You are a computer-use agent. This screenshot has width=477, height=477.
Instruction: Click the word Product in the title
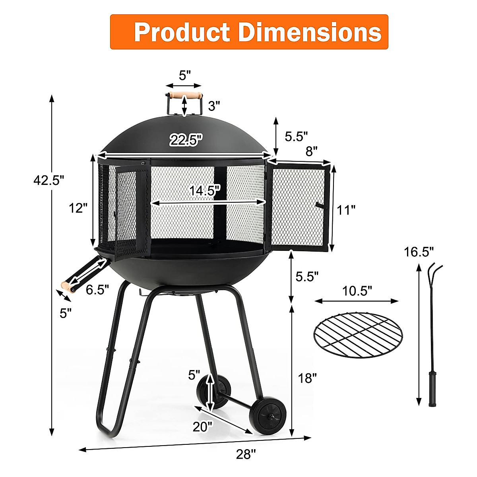pyautogui.click(x=182, y=32)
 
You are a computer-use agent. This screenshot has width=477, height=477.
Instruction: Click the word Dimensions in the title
pyautogui.click(x=310, y=32)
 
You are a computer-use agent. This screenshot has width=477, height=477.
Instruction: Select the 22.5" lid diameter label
pyautogui.click(x=186, y=140)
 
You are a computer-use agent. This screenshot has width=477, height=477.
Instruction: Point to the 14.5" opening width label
pyautogui.click(x=204, y=190)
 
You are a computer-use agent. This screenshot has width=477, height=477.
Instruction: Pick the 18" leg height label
pyautogui.click(x=307, y=378)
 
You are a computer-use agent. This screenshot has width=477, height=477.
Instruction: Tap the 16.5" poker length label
pyautogui.click(x=419, y=252)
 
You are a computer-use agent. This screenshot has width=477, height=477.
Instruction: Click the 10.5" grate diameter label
pyautogui.click(x=357, y=291)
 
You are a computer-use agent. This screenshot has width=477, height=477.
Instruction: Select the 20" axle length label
pyautogui.click(x=203, y=427)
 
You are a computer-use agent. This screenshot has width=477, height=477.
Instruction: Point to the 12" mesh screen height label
pyautogui.click(x=78, y=207)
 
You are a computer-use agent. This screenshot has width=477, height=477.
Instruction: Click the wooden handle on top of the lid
pyautogui.click(x=184, y=95)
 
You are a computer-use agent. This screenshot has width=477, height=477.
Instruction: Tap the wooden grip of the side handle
pyautogui.click(x=67, y=287)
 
